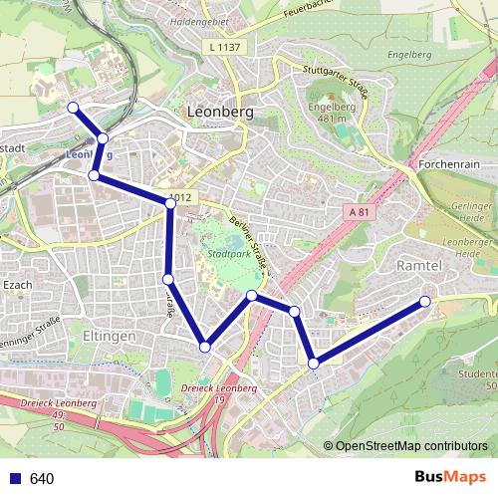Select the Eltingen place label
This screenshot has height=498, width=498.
point(110,337)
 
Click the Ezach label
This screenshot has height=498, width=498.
point(18,285)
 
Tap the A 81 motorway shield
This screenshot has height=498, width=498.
point(360,212)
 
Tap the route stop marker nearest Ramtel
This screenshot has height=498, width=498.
point(426,301)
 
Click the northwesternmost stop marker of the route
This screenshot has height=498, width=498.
point(72,108)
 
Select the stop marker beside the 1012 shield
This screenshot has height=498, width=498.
point(170,203)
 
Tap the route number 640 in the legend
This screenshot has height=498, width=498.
point(42,479)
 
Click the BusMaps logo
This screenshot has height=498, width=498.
point(450,477)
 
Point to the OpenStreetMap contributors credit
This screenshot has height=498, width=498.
point(411,445)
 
